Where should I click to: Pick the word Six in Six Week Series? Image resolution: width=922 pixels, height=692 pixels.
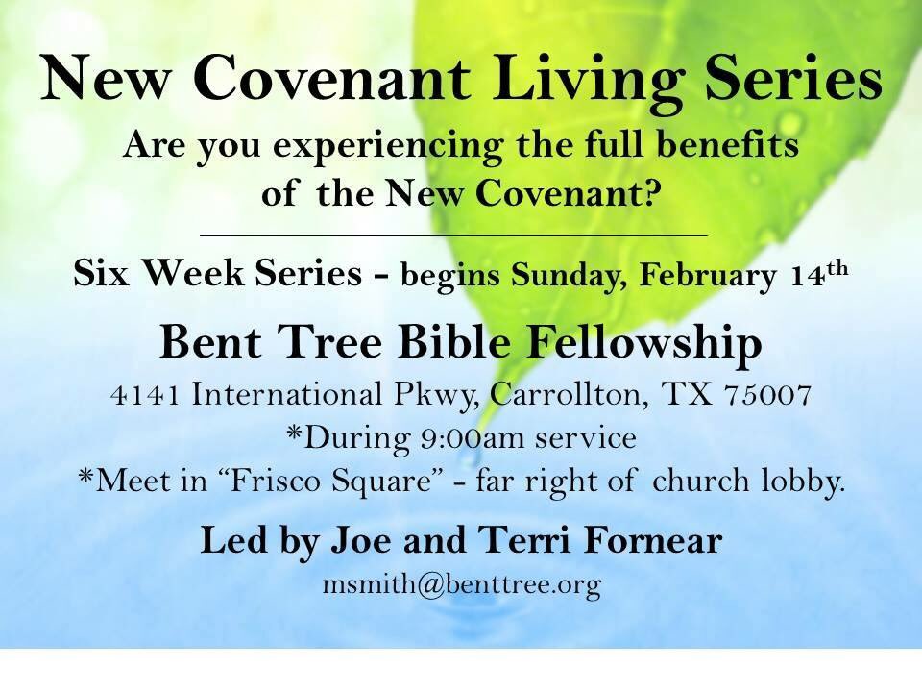click(100, 274)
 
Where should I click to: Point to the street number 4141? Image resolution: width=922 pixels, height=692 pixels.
click(146, 397)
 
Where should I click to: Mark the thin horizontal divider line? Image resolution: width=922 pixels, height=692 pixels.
click(452, 235)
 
